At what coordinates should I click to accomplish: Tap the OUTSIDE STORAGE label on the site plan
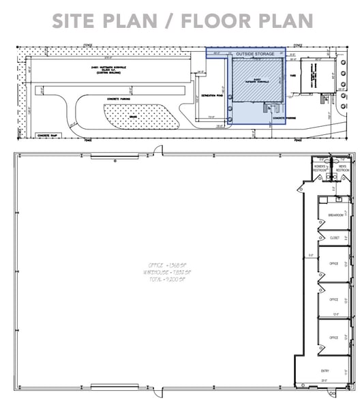[256, 53]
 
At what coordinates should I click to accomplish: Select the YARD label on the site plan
[294, 76]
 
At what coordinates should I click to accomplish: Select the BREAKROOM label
[335, 215]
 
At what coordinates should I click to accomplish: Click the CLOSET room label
[335, 238]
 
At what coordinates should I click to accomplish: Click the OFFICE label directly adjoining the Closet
[335, 263]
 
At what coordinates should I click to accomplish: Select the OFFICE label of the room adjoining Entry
[335, 337]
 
